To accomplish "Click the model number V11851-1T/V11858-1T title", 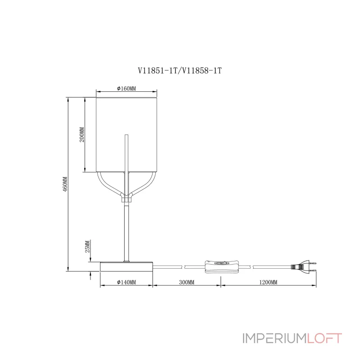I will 180,71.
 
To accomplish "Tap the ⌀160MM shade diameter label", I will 126,89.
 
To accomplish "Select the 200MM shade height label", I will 81,134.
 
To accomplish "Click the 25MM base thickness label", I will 88,247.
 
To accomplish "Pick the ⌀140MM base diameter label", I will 126,282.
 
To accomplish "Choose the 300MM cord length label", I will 186,282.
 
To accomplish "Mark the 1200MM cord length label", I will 268,282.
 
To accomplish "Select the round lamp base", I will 126,266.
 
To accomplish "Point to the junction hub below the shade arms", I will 126,197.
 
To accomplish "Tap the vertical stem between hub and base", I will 126,229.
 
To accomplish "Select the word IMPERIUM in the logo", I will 274,338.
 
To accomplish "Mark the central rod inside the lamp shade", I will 126,153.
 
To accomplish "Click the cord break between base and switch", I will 183,266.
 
